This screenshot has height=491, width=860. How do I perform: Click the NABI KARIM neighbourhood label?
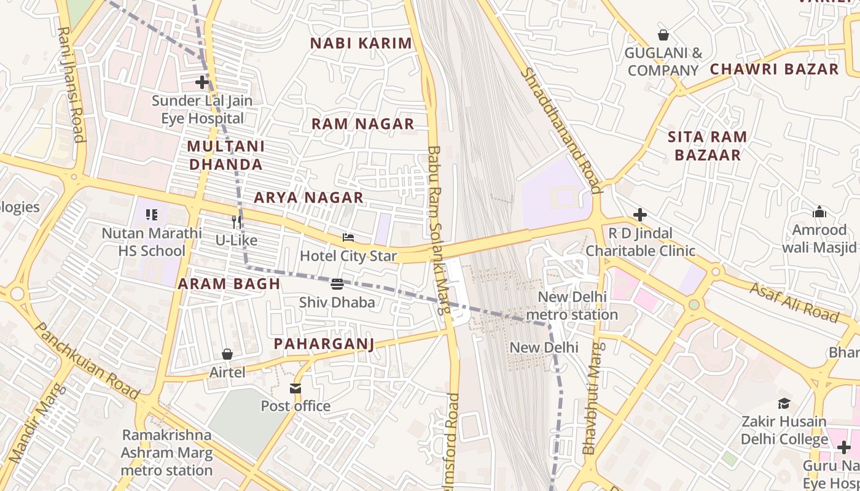(x=361, y=44)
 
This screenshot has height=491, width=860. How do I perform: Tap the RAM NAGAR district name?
(x=362, y=124)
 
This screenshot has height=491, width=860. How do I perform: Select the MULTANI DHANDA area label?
(x=225, y=155)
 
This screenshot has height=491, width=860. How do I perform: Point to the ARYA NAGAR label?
(x=308, y=198)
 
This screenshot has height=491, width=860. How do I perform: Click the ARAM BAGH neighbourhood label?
(x=229, y=284)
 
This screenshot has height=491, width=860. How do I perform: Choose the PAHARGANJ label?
(x=324, y=344)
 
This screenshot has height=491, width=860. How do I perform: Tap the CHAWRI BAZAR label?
(x=774, y=69)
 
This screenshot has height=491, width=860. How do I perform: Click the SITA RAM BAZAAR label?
(x=708, y=146)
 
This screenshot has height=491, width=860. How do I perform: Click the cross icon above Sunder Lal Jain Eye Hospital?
(x=202, y=82)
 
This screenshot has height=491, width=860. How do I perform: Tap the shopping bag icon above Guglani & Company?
(x=663, y=35)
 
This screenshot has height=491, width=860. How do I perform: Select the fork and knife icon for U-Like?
(x=237, y=222)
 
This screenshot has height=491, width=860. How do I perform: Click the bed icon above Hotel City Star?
(x=348, y=238)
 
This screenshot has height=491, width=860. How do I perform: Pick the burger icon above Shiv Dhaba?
(x=337, y=284)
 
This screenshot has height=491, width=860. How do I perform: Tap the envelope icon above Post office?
(x=295, y=388)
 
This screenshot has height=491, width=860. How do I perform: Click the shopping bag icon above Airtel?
(x=227, y=354)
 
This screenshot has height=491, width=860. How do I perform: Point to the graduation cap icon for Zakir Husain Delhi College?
(x=784, y=403)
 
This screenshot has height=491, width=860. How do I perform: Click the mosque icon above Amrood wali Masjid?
(x=819, y=212)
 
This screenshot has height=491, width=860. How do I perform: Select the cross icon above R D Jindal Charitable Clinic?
(x=640, y=215)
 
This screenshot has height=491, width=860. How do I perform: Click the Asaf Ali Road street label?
(x=794, y=302)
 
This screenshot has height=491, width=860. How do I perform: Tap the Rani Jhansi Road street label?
(x=71, y=84)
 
